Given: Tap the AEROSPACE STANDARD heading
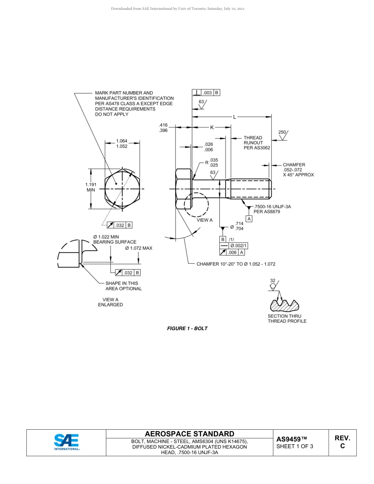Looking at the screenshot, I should [x=189, y=434].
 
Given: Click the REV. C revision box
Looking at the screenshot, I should [x=342, y=442].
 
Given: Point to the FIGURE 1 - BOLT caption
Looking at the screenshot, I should [x=187, y=328].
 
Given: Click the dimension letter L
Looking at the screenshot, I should [x=235, y=116].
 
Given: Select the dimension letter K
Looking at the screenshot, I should [x=211, y=127].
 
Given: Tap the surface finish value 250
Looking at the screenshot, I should [x=282, y=132].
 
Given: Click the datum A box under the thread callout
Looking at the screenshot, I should [x=249, y=219].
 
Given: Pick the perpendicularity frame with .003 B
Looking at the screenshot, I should [x=206, y=93].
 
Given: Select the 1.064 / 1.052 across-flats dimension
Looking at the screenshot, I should [x=122, y=144].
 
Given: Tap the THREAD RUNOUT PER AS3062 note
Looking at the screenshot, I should [x=256, y=143].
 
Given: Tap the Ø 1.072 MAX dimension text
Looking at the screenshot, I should [x=139, y=248].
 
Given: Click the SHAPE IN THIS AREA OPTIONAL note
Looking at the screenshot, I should [x=123, y=286].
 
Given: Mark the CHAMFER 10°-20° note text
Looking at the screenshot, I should [x=236, y=264].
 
